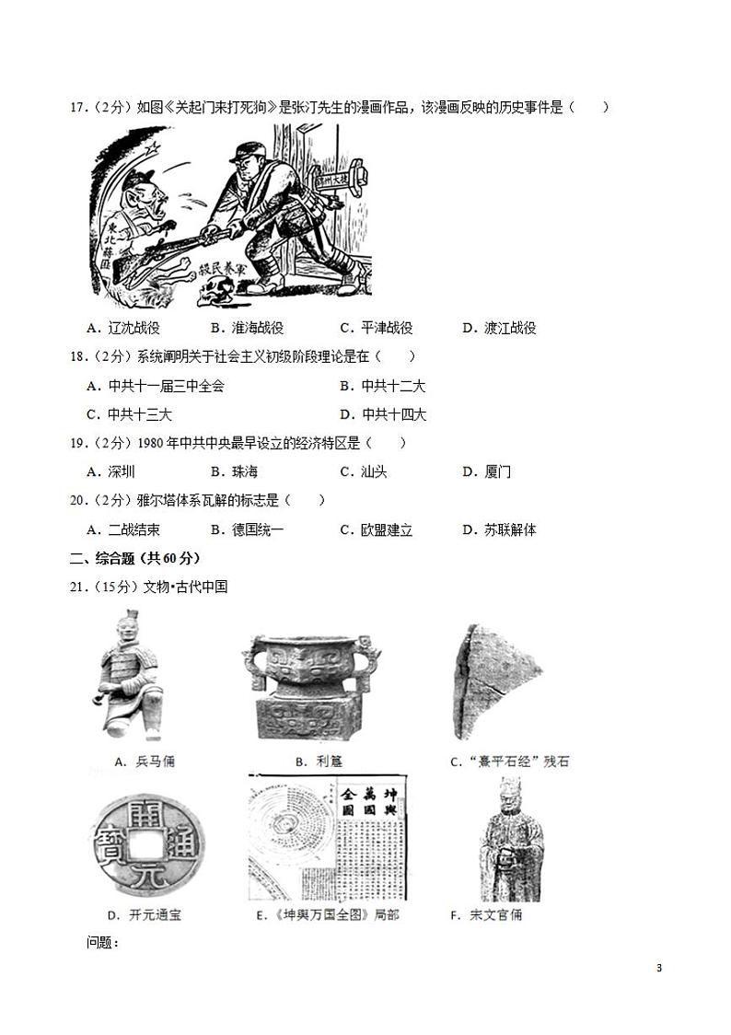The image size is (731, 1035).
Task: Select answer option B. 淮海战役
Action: [246, 328]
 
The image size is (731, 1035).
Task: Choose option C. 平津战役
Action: [376, 328]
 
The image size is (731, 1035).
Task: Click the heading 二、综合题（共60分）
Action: [134, 558]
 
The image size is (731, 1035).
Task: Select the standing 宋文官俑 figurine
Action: [509, 840]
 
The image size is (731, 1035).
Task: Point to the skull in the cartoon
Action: [217, 295]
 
